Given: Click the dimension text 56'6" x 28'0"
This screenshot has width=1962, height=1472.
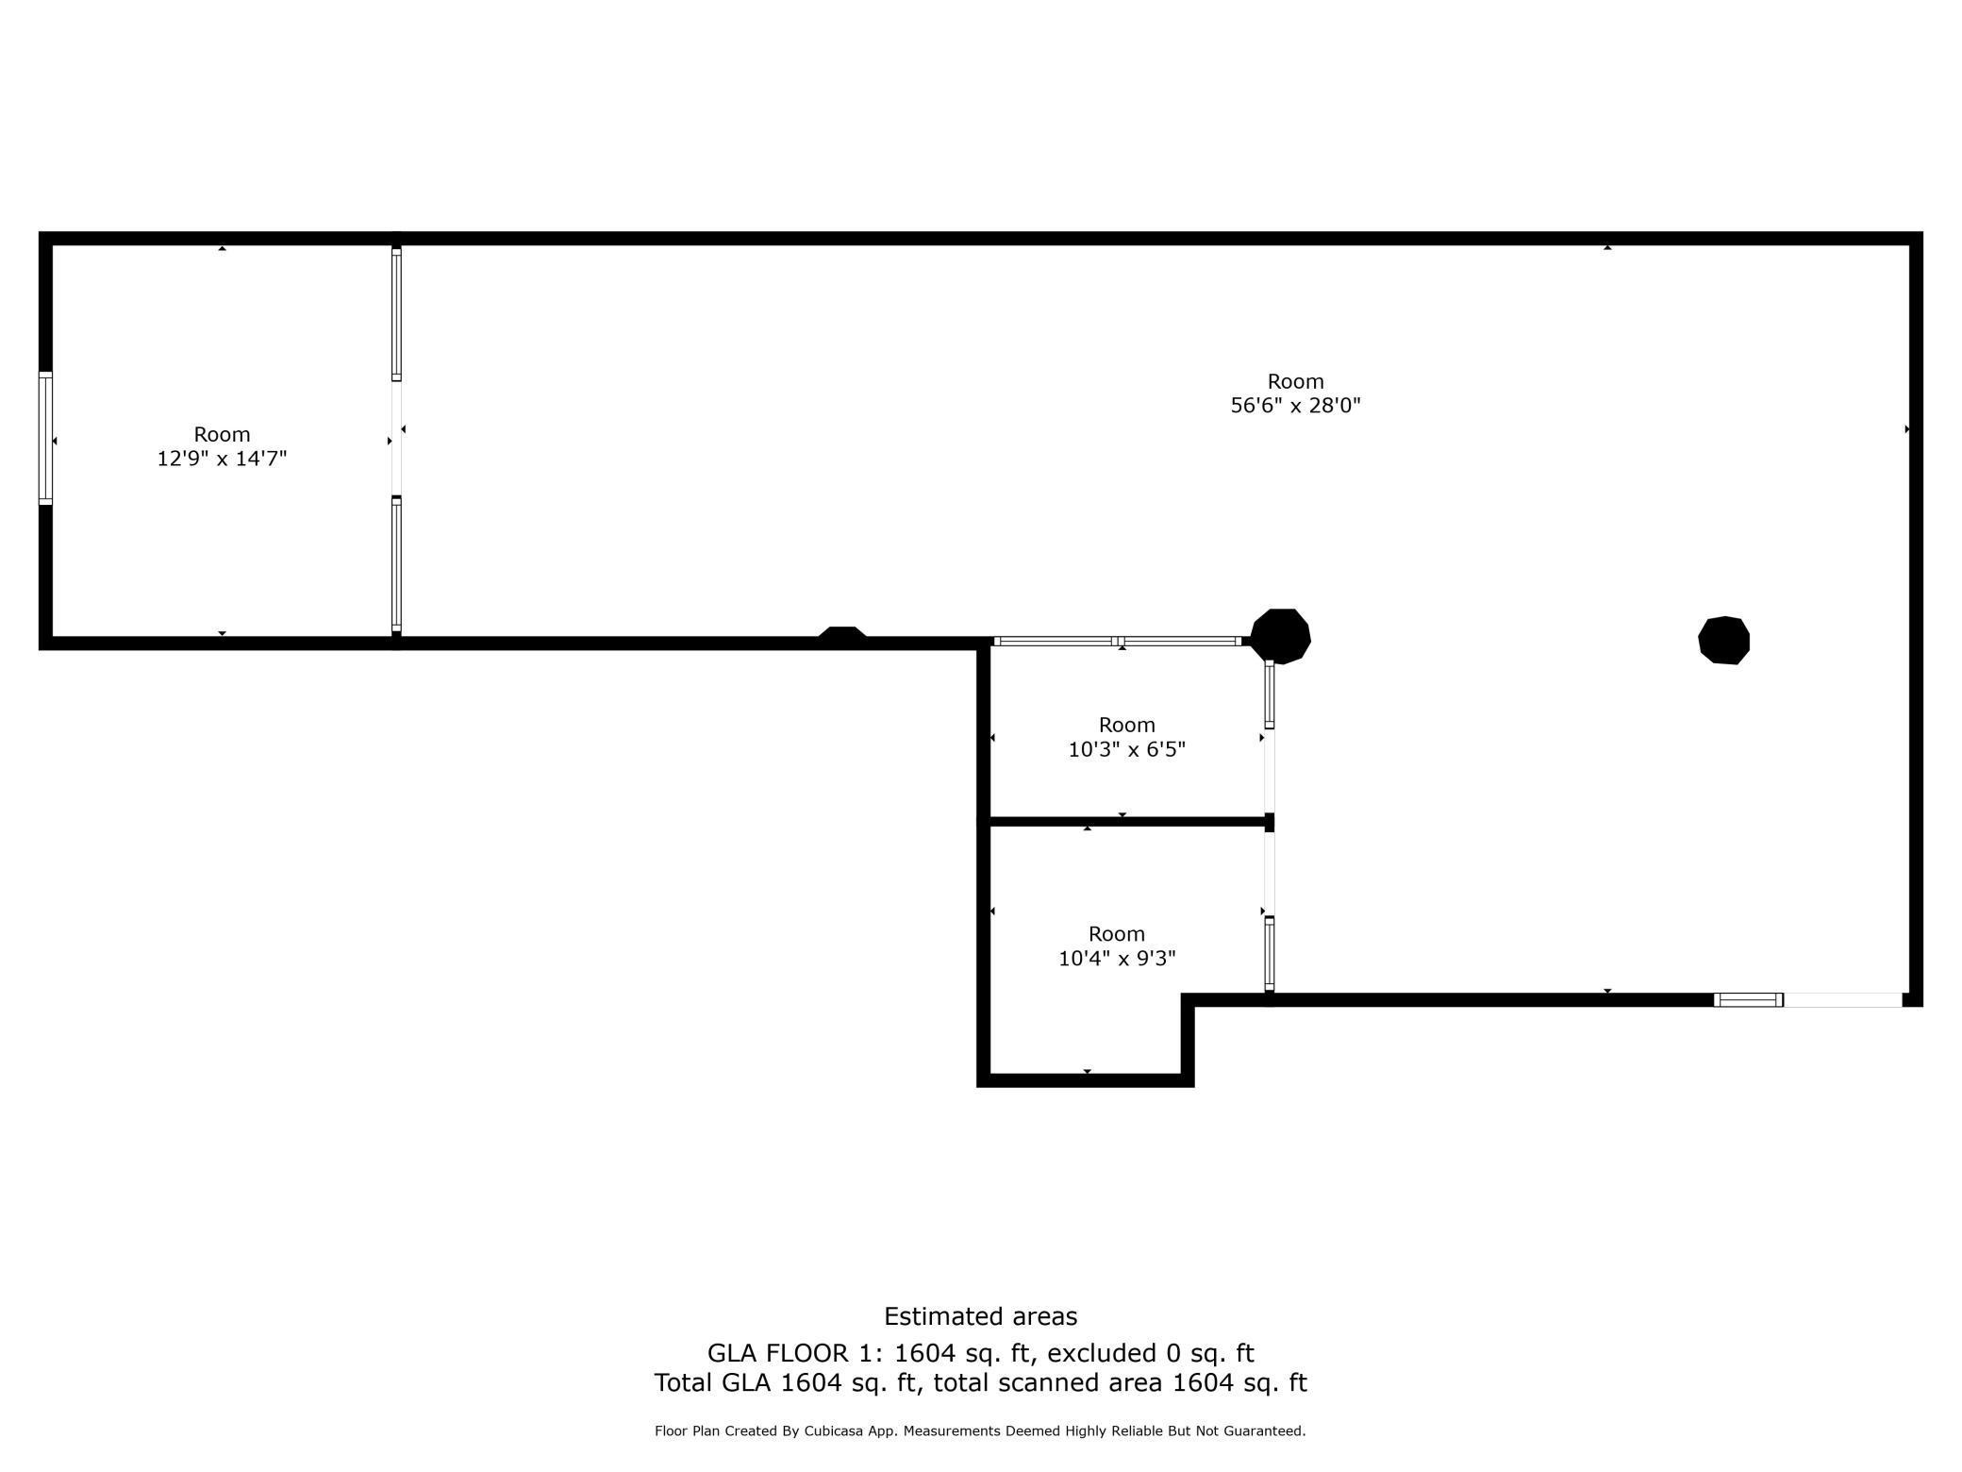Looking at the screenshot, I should tap(1295, 406).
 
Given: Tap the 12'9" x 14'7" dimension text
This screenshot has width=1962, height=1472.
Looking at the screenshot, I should tap(222, 459).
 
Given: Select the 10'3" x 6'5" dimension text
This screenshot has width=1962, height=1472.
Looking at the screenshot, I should tap(1126, 749).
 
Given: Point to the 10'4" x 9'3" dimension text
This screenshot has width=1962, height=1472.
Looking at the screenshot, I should tap(1117, 958).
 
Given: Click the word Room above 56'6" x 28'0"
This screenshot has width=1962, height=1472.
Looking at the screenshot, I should tap(1295, 381).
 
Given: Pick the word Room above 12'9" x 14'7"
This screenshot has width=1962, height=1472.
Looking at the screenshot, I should tap(222, 434).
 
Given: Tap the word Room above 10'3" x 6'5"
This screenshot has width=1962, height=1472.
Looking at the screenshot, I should tap(1126, 725).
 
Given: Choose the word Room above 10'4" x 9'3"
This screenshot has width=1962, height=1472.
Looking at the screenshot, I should tap(1117, 933).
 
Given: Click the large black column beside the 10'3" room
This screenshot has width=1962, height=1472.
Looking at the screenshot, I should tap(1280, 636).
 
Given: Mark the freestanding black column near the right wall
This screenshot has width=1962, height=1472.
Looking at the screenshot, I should tap(1723, 641).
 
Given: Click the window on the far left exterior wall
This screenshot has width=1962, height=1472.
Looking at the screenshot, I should tap(45, 438).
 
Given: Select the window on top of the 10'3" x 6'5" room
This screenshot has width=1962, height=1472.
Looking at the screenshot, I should tap(1118, 642).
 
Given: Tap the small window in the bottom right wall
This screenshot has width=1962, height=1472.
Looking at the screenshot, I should tap(1748, 1000).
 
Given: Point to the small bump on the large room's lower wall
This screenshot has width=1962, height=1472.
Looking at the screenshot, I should tap(841, 635).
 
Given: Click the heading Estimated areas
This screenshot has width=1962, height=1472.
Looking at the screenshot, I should tap(980, 1316).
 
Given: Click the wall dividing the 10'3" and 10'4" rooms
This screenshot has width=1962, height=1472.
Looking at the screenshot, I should tap(1126, 822).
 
